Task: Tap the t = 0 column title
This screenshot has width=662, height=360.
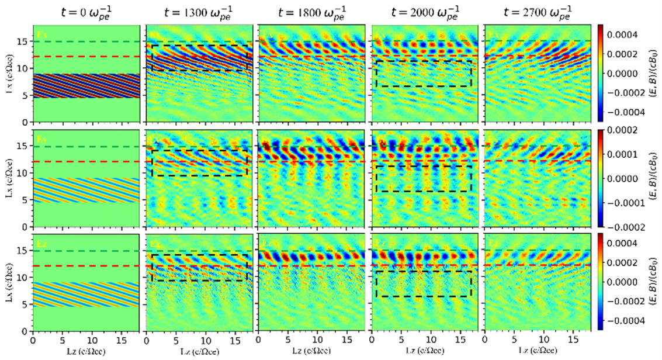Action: coord(85,11)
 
